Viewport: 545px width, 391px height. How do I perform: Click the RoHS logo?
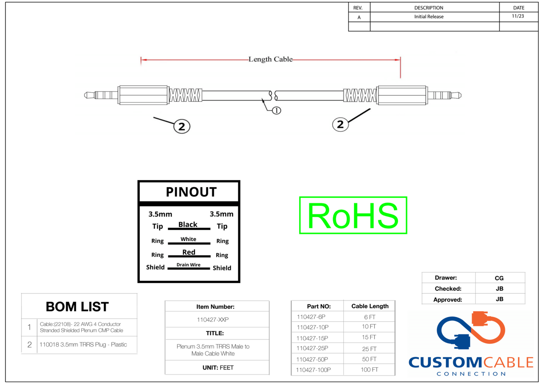(353, 215)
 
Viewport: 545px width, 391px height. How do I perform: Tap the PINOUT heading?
(191, 192)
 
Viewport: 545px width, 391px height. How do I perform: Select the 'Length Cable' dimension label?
(270, 60)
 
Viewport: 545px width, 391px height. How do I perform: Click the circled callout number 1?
(276, 110)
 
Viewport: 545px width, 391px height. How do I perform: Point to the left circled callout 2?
(182, 127)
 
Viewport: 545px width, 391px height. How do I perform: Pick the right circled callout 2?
(340, 124)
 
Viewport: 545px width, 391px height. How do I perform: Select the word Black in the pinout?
(188, 225)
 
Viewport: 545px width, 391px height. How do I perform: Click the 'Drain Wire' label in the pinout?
(189, 265)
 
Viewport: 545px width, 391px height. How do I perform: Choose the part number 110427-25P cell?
(312, 348)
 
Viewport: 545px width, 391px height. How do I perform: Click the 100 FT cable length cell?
(369, 370)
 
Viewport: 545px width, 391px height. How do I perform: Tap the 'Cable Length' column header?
(370, 306)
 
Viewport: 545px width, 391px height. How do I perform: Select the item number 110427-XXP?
(213, 320)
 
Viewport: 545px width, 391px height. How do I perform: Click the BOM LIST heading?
(77, 307)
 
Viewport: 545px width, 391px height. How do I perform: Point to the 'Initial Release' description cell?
(429, 17)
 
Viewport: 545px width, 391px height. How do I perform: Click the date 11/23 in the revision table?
(518, 16)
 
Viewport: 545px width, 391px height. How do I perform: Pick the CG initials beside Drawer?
(499, 278)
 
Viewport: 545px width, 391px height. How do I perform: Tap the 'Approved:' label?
(448, 299)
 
